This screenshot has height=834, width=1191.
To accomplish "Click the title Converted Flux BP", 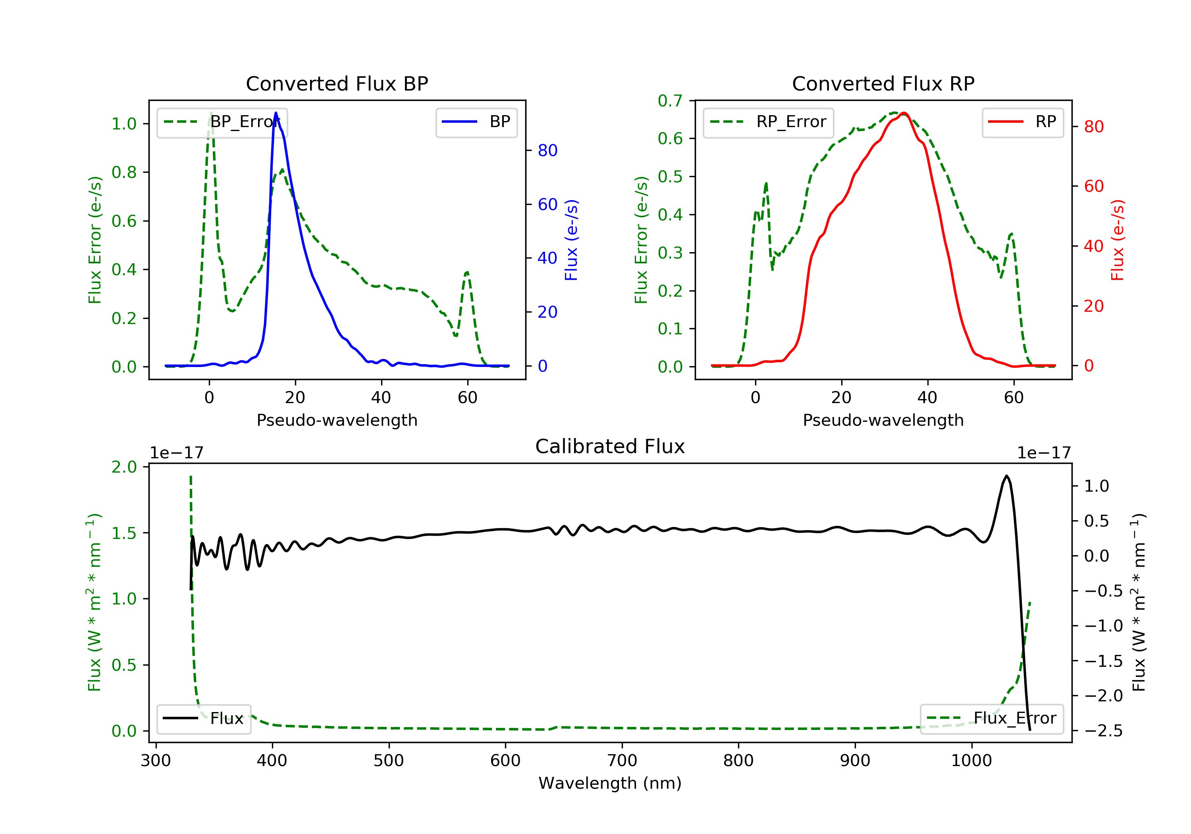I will click(337, 83).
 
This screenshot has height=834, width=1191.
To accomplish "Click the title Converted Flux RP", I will click(883, 83).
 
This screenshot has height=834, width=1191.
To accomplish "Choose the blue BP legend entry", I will click(476, 122).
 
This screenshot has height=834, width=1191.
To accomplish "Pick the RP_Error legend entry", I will click(768, 122).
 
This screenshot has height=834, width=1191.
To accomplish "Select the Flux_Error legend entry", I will click(991, 718).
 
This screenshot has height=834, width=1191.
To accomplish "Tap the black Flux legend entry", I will click(204, 718).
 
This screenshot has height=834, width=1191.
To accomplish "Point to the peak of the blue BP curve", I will click(276, 113).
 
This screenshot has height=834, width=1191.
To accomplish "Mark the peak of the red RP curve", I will click(904, 113).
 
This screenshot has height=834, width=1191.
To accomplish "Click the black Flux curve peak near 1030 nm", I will click(1006, 476).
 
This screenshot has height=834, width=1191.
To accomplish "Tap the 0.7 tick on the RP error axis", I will click(670, 101).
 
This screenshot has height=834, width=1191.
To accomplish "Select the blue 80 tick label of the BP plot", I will click(547, 151).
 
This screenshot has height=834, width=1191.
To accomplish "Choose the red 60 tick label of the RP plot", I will click(1093, 186).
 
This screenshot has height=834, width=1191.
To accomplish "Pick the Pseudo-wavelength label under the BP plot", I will click(337, 420).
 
